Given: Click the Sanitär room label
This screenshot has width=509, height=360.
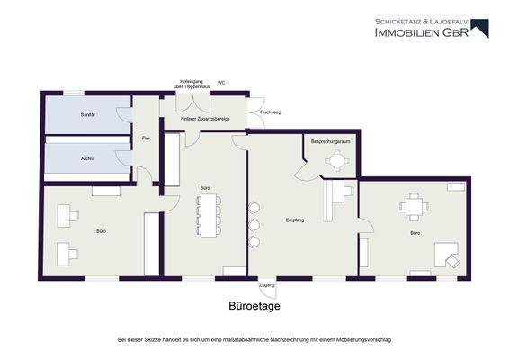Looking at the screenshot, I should click(x=88, y=114).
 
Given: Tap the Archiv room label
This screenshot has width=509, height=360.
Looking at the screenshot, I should click(x=86, y=158).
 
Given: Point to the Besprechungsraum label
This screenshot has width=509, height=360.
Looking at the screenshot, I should click(x=329, y=140).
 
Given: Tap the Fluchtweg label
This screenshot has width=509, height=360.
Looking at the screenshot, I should click(x=271, y=112).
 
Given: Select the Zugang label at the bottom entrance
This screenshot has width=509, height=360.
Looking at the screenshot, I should click(x=266, y=284).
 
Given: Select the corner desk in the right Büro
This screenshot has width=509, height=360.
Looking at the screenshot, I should click(x=447, y=256).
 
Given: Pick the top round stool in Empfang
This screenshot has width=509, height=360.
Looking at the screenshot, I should click(x=254, y=208).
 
